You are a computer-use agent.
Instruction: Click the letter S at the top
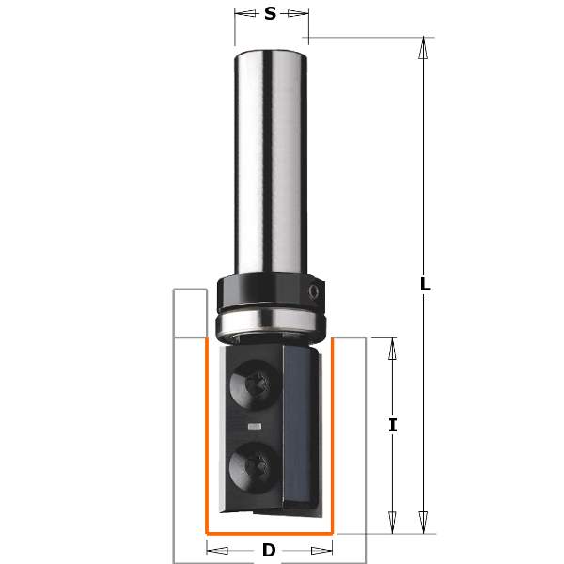[271, 13]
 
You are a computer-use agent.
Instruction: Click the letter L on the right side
[425, 284]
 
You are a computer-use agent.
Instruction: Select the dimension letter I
[392, 425]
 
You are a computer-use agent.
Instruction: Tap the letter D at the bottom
[269, 550]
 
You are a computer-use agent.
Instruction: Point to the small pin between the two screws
[253, 425]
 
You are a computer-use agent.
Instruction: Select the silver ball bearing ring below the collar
[270, 324]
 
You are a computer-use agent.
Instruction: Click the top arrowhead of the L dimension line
[424, 47]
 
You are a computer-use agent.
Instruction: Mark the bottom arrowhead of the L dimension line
[424, 522]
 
